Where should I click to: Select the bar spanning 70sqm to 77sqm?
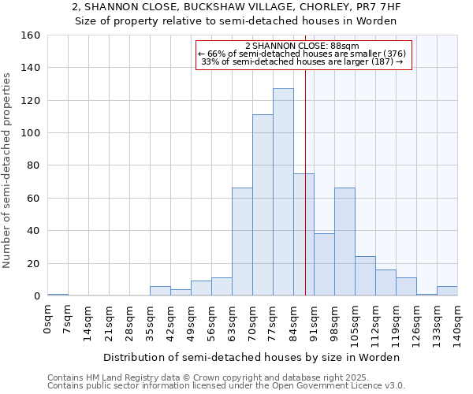[263, 205]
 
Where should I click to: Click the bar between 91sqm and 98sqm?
[324, 265]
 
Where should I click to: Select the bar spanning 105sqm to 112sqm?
[365, 276]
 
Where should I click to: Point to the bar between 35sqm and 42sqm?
[160, 291]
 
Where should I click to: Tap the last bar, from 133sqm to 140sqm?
[447, 291]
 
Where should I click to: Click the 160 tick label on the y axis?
[31, 35]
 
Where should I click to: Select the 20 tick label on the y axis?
[34, 263]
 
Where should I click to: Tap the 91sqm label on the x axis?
[314, 322]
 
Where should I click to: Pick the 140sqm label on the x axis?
[457, 324]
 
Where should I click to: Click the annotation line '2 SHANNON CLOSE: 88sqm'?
[303, 46]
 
